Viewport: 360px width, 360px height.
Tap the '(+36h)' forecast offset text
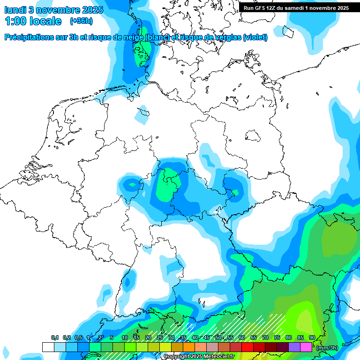pyautogui.click(x=81, y=21)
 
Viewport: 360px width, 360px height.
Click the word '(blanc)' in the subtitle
pyautogui.click(x=157, y=37)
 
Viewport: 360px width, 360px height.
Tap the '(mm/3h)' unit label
pyautogui.click(x=327, y=348)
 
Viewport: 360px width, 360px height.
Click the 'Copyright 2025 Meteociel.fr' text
pyautogui.click(x=199, y=357)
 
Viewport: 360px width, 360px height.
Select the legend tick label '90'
pyautogui.click(x=312, y=338)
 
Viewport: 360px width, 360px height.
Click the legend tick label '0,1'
pyautogui.click(x=55, y=338)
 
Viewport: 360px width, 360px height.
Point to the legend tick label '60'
pyautogui.click(x=242, y=338)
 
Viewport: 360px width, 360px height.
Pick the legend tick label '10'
pyautogui.click(x=125, y=338)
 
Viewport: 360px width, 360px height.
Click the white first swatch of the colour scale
pyautogui.click(x=48, y=347)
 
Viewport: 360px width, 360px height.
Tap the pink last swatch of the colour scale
pyautogui.click(x=306, y=347)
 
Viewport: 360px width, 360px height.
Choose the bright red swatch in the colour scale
pyautogui.click(x=247, y=347)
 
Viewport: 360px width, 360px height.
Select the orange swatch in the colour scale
pyautogui.click(x=189, y=347)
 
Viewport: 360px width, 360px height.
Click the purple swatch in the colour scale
pyautogui.click(x=294, y=347)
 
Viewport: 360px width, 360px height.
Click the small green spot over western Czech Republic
pyautogui.click(x=235, y=192)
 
